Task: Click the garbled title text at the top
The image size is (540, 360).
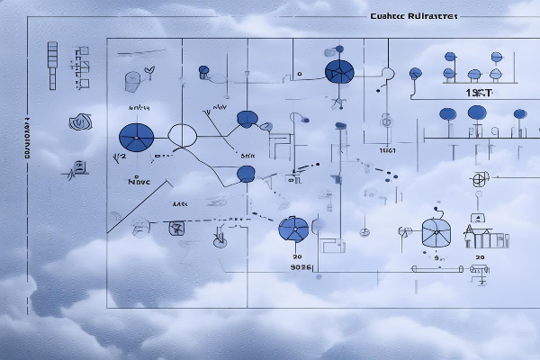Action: [412, 16]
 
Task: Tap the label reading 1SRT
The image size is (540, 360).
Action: [478, 94]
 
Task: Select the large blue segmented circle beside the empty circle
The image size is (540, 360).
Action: [137, 137]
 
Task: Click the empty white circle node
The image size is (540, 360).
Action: [183, 136]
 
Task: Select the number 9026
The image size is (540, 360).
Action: [299, 266]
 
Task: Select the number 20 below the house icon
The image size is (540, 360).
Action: [480, 257]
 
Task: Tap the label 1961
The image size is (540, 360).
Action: [388, 151]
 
